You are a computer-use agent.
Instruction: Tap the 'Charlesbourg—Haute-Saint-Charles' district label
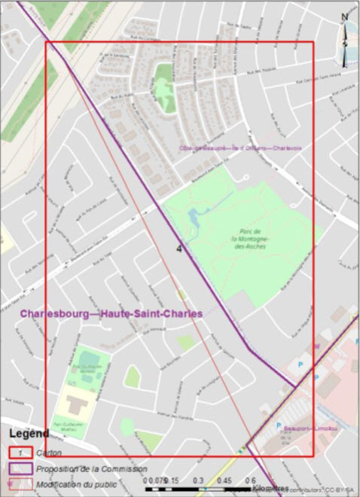coord(111,314)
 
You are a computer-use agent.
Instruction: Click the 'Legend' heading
coord(29,434)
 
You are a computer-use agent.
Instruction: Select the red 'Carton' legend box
coord(23,452)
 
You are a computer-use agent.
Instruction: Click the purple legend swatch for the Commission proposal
coord(23,468)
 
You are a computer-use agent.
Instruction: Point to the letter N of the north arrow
coord(344,17)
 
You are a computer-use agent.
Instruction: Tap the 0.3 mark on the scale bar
coord(199,480)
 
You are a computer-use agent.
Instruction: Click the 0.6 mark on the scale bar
coord(252,480)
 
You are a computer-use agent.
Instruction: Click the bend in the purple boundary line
coord(248,347)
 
